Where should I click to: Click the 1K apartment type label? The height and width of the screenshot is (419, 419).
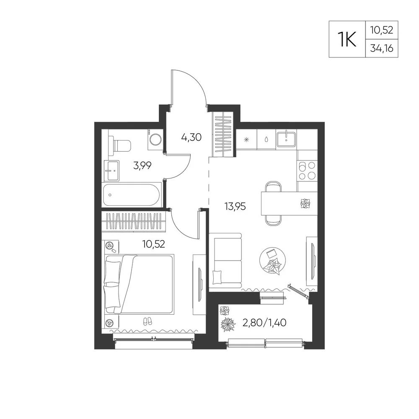347,39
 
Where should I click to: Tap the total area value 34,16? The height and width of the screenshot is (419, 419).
382,48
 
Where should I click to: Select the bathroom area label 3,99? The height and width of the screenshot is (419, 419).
142,166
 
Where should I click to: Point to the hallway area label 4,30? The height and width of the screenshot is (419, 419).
191,137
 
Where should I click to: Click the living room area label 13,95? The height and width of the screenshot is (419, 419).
235,206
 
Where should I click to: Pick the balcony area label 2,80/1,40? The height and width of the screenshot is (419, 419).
264,323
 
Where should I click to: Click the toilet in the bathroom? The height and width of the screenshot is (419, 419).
120,146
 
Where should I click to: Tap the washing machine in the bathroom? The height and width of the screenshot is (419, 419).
155,139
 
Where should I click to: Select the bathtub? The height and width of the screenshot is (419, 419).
132,195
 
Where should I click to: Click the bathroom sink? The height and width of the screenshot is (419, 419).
111,171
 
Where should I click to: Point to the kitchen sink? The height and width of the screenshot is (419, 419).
287,139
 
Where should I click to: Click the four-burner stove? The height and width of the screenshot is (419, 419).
307,171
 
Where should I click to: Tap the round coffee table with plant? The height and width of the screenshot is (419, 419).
273,261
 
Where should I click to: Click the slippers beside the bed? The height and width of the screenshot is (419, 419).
147,321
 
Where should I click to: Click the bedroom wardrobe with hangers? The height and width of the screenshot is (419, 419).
134,221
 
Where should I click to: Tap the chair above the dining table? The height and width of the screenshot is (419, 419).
273,186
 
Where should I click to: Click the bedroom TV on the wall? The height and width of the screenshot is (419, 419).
199,285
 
